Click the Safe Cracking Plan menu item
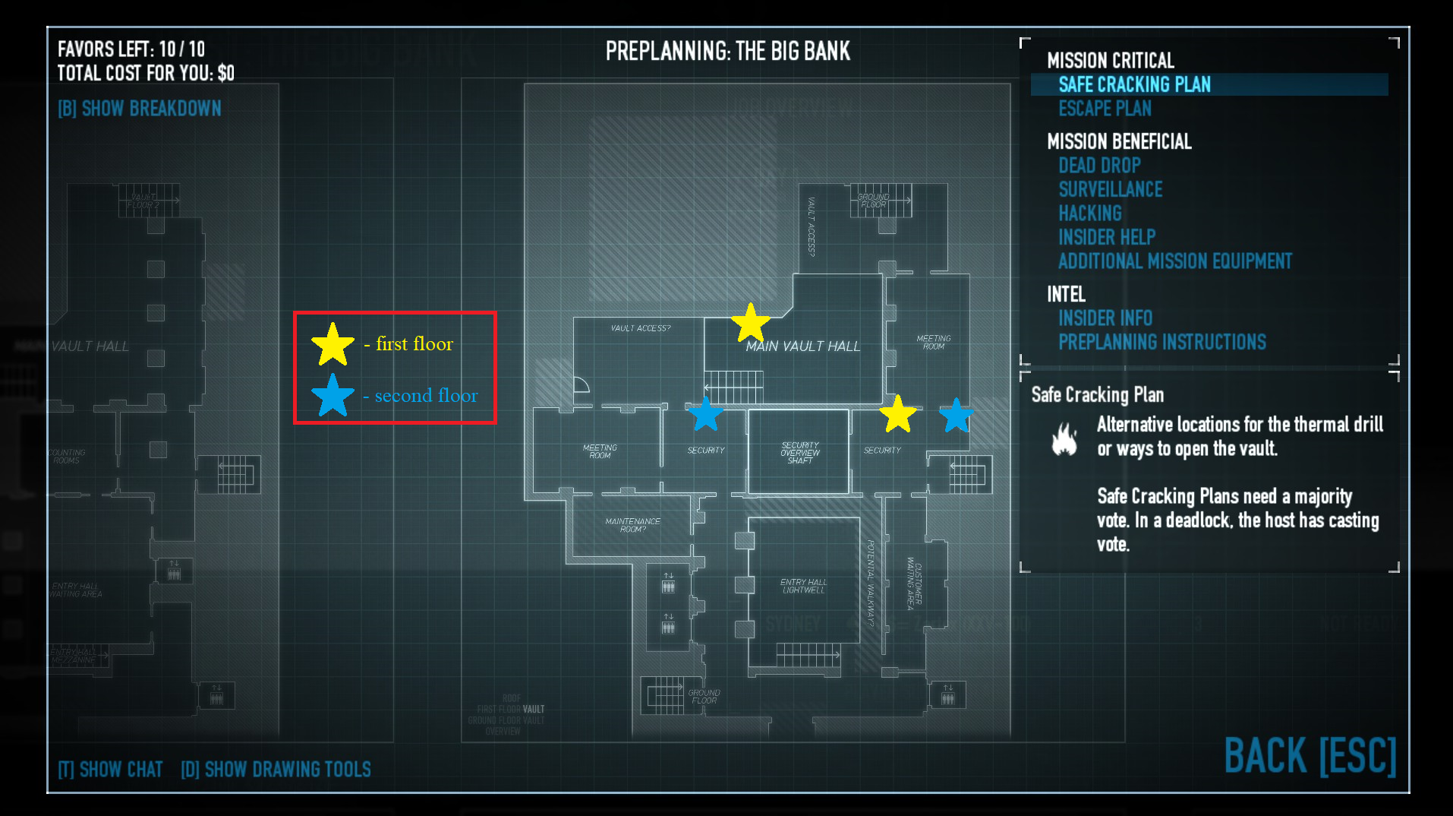click(x=1134, y=84)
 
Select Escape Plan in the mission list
click(x=1105, y=109)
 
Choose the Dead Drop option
click(x=1099, y=166)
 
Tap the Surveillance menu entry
click(x=1110, y=189)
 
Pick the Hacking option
click(x=1089, y=213)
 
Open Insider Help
click(x=1106, y=237)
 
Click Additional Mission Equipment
click(x=1174, y=261)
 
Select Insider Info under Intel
click(x=1105, y=318)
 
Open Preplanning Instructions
click(x=1161, y=342)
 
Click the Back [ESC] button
click(x=1310, y=756)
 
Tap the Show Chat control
click(x=111, y=770)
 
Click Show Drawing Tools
click(x=276, y=770)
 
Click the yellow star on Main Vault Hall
click(x=750, y=323)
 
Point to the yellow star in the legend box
click(x=333, y=344)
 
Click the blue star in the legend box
click(x=333, y=395)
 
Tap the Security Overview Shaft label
click(x=799, y=453)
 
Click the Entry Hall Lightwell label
click(x=803, y=586)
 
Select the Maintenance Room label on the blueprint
click(x=632, y=525)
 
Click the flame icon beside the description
click(x=1064, y=439)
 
